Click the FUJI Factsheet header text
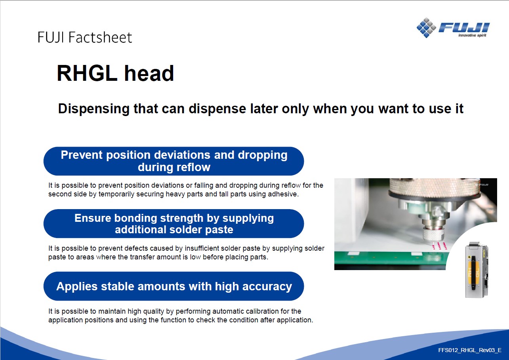tap(85, 38)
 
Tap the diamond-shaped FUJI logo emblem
tap(426, 28)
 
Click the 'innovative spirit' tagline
tap(472, 35)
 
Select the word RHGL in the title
tap(87, 73)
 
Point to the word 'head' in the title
tap(149, 73)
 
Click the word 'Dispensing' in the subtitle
tap(93, 109)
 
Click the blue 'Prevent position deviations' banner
tap(173, 161)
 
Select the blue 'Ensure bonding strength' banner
tap(173, 223)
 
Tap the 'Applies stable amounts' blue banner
tap(173, 286)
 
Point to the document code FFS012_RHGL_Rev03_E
tap(470, 350)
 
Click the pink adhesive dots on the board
tap(439, 246)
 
